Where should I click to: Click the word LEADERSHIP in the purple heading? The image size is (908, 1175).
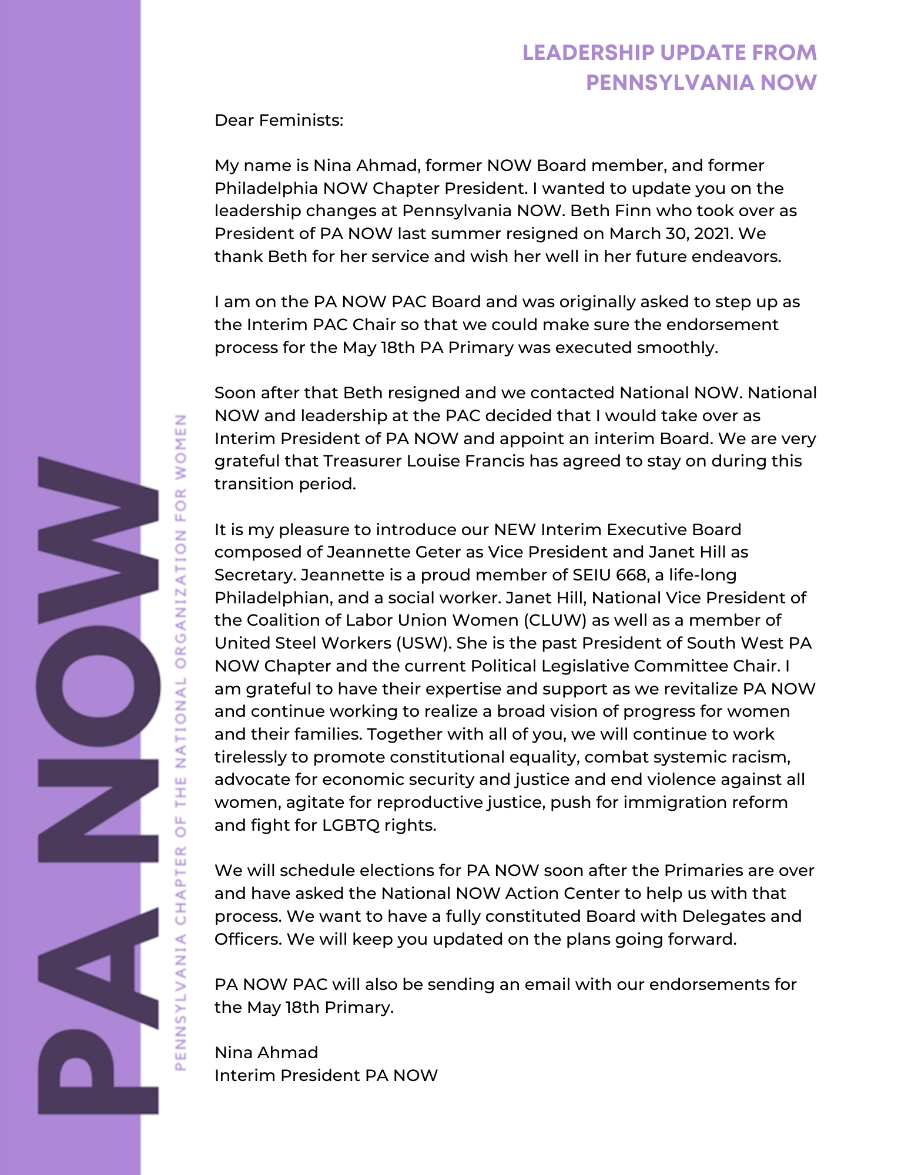coord(588,53)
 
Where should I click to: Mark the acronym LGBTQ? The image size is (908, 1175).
coord(351,825)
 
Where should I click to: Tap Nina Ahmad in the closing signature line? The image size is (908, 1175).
coord(266,1053)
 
